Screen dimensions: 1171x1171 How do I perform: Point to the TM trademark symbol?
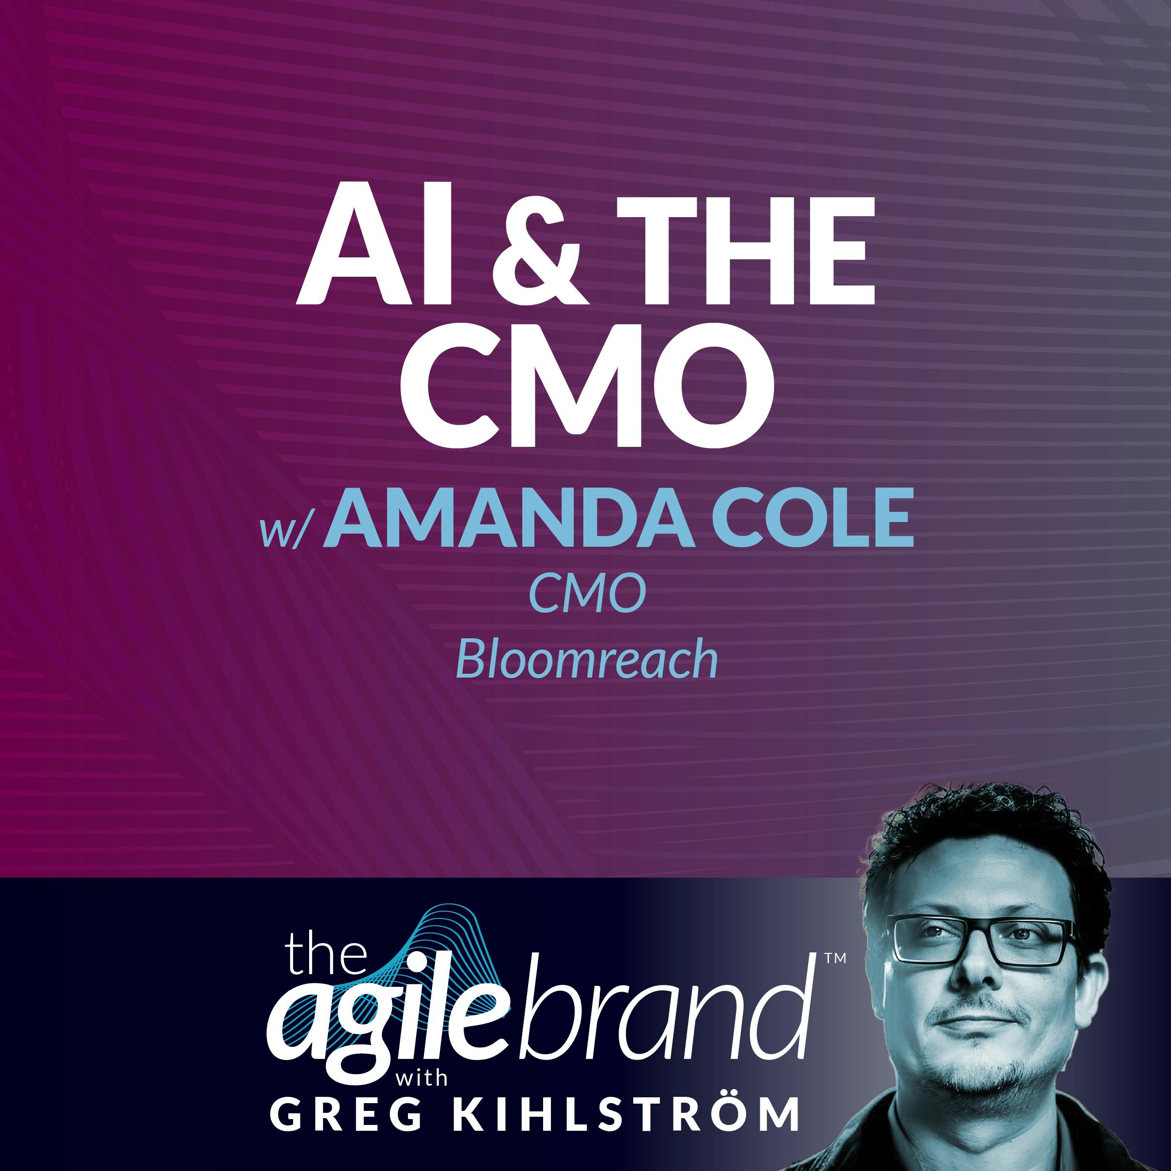(x=835, y=959)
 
